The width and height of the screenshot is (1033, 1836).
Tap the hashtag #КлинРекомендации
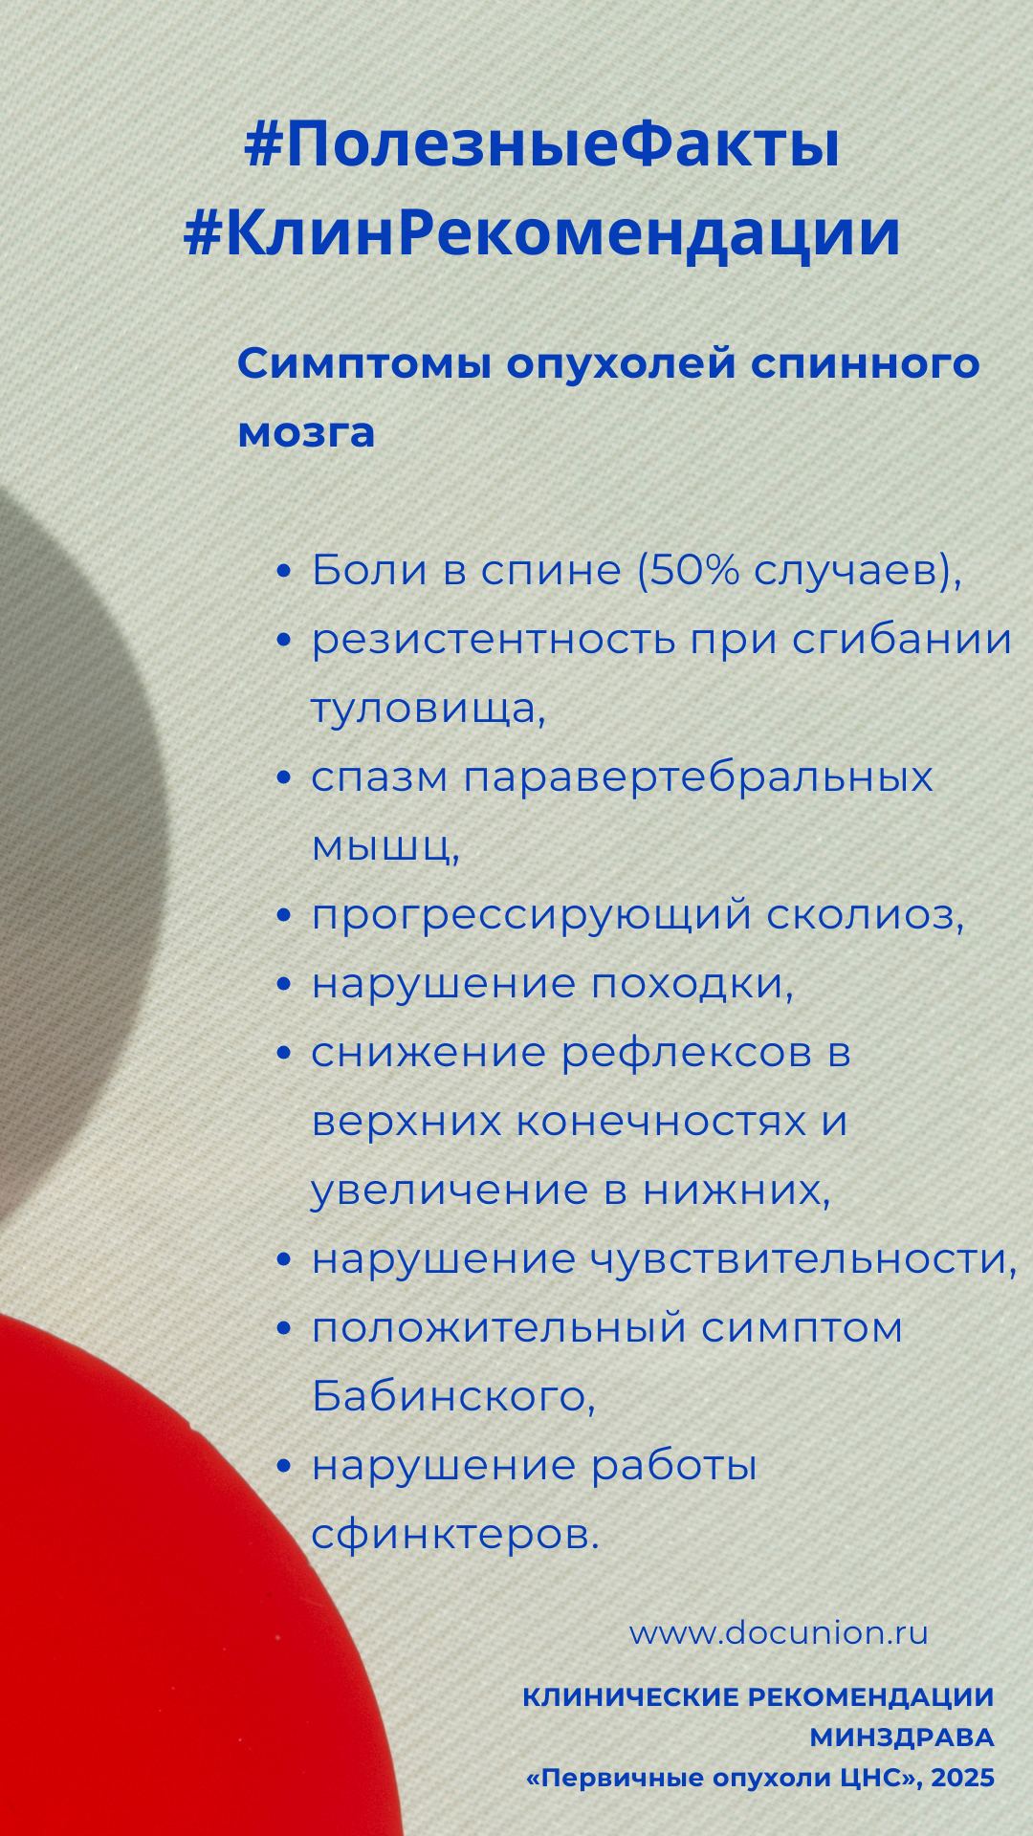tap(541, 232)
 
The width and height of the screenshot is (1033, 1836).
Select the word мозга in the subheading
tap(306, 433)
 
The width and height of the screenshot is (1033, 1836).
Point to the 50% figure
tap(695, 570)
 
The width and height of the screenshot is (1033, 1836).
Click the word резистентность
tap(494, 641)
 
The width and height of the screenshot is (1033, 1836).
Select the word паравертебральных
tap(698, 778)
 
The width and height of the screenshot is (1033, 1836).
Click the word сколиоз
tap(866, 915)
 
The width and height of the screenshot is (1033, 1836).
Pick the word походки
tap(692, 984)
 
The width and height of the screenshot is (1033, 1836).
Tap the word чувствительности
tap(803, 1259)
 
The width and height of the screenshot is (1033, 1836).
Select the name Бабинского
tap(453, 1397)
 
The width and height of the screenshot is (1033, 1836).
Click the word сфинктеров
tap(455, 1535)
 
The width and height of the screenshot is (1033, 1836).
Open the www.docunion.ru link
tap(779, 1633)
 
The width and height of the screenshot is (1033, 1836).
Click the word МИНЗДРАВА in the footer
tap(902, 1738)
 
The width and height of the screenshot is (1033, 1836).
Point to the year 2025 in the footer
tap(962, 1778)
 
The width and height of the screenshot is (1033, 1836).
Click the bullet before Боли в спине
tap(283, 572)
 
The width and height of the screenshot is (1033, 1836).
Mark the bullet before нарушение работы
tap(283, 1467)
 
